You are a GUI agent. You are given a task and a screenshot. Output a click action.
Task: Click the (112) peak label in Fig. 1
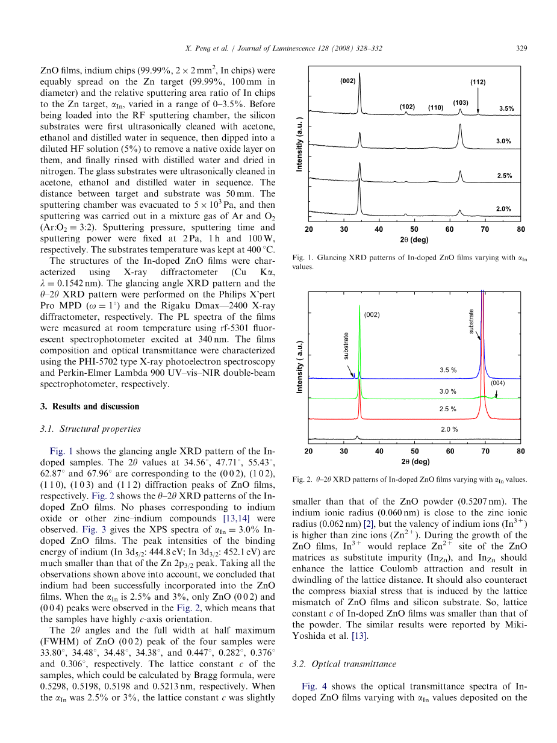point(478,82)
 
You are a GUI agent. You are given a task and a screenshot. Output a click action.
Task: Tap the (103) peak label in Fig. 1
point(461,103)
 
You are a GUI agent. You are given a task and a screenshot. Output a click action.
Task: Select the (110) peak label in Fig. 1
point(435,108)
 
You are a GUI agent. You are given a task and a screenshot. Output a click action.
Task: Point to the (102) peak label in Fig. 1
point(407,107)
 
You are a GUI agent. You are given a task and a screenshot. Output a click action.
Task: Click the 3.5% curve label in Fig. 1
point(506,108)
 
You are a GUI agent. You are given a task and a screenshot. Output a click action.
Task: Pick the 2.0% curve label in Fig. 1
point(503,209)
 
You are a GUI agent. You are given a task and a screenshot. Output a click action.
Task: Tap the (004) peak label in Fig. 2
point(497,383)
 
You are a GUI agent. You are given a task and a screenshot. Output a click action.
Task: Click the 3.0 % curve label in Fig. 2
point(447,391)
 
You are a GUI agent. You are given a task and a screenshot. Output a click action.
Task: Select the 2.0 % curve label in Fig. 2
point(449,429)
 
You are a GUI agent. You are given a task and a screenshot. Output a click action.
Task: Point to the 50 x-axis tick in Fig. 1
point(414,229)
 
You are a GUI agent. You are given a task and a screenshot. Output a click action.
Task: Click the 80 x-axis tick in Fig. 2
point(521,451)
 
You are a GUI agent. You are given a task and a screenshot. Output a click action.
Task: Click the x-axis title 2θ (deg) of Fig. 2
point(414,462)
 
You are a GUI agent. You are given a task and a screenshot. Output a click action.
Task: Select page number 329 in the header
point(521,48)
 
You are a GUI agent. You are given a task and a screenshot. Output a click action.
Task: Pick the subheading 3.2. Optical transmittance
point(344,664)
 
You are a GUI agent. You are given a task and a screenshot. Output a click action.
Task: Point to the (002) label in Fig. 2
point(372,314)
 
